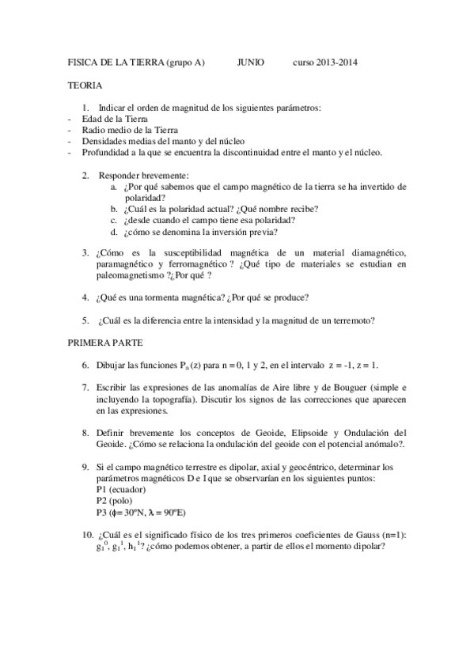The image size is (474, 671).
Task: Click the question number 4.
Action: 85,298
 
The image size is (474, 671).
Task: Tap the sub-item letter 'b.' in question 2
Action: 115,209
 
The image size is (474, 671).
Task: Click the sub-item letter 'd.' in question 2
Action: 115,233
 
